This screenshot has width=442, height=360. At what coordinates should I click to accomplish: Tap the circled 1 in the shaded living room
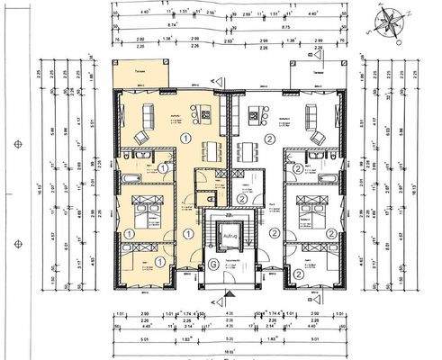click(184, 139)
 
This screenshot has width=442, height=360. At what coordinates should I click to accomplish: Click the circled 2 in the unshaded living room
click(270, 139)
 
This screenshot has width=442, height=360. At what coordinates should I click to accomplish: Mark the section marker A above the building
click(212, 80)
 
